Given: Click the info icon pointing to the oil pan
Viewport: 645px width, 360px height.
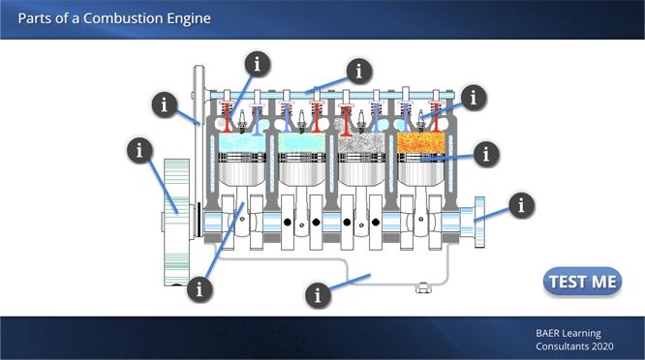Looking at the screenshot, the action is click(318, 295).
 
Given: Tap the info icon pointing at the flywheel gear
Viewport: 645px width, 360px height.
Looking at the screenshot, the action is click(139, 150).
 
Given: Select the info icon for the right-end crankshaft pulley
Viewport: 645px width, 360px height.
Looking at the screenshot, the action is click(522, 205).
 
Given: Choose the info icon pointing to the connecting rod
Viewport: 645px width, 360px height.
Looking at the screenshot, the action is click(200, 289).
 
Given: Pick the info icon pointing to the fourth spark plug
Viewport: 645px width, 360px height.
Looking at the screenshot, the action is click(474, 98).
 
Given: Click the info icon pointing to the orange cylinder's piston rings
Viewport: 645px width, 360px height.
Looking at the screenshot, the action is click(486, 155).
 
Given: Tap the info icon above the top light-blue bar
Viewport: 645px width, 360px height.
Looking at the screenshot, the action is click(359, 71).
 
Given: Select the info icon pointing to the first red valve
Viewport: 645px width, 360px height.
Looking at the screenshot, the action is click(258, 64).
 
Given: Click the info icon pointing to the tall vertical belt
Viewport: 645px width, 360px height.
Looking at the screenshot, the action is click(165, 105).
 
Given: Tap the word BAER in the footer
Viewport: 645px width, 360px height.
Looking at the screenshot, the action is click(546, 333).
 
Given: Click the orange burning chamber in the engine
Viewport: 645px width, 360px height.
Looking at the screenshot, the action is click(421, 142).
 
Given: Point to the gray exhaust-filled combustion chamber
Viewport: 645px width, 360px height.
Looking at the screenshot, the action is click(361, 142).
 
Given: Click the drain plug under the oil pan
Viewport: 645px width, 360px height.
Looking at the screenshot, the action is click(423, 287).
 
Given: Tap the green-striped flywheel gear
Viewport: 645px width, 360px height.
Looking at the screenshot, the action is click(177, 222).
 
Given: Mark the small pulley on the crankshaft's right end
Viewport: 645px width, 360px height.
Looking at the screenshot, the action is click(479, 222).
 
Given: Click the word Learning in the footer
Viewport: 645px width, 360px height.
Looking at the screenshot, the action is click(581, 334).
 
